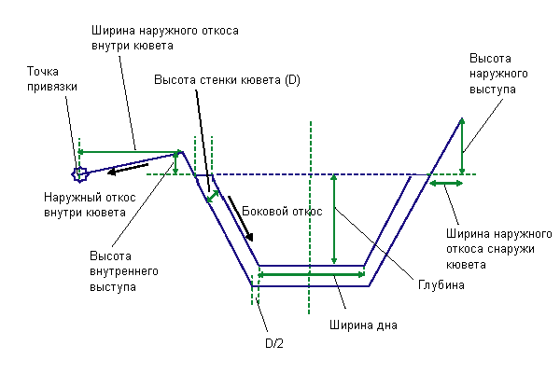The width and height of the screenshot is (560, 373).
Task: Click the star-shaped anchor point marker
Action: tap(79, 174)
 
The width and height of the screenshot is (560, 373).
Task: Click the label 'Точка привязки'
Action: tap(52, 79)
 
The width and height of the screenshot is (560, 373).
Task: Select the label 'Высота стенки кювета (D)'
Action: tap(227, 79)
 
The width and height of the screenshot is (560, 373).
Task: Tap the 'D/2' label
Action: tap(274, 343)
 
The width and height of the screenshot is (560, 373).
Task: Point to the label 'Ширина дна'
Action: tap(363, 325)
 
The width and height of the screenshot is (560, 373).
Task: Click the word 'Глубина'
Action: tap(441, 284)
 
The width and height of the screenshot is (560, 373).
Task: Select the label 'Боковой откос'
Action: tap(282, 212)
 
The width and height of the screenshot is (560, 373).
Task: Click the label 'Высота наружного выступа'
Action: tap(498, 74)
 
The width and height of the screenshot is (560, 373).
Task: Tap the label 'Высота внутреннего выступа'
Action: tap(124, 271)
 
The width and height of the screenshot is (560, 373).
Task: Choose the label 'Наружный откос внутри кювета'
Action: tap(90, 205)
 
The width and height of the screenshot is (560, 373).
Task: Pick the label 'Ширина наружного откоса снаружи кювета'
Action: tap(499, 249)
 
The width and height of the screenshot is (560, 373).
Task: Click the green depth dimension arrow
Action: tap(334, 219)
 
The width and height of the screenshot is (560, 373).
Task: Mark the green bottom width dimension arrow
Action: tap(311, 274)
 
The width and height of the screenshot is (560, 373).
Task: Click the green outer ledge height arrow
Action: tap(462, 146)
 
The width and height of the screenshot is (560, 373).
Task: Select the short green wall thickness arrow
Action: tap(213, 197)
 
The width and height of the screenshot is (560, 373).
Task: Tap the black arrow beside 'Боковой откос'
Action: tap(241, 218)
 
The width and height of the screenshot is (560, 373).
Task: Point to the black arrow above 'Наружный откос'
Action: tap(128, 169)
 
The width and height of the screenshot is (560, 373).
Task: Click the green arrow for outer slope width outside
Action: tap(446, 184)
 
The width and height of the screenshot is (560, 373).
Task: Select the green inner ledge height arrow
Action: tap(175, 163)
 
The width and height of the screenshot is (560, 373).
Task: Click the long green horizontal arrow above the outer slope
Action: tap(129, 152)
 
